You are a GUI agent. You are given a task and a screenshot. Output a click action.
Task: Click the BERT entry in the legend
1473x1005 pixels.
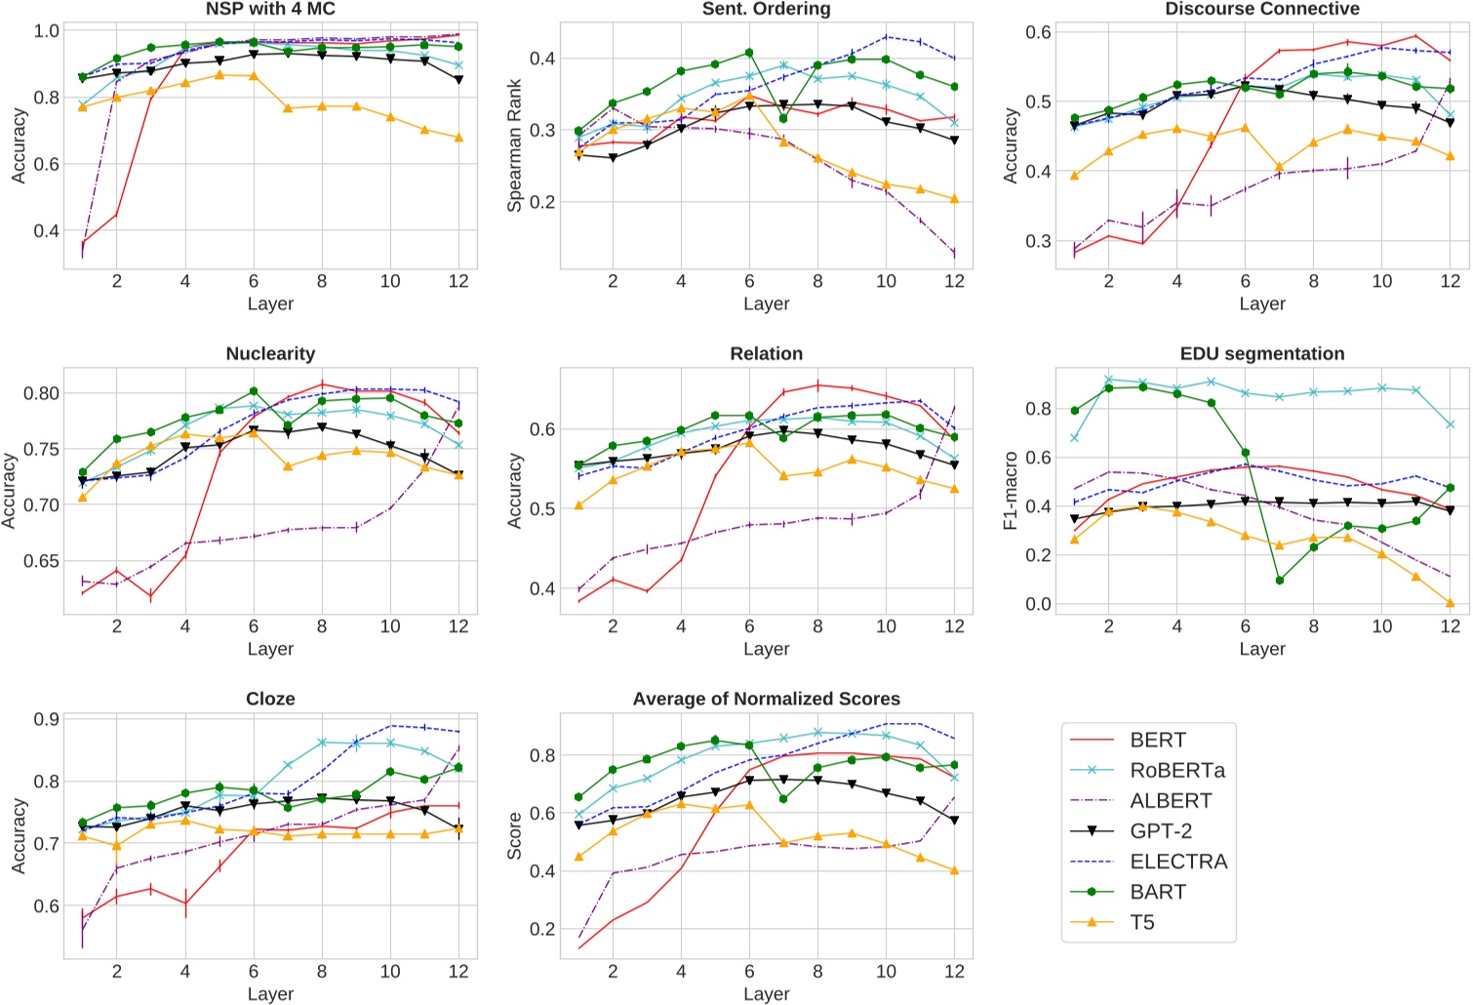[1158, 741]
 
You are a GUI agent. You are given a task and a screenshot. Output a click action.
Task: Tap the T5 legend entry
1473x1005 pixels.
[1142, 922]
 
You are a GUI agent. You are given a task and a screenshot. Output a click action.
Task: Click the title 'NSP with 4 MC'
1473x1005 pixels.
[270, 10]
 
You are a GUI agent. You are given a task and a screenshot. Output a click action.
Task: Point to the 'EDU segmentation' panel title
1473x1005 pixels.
[1262, 353]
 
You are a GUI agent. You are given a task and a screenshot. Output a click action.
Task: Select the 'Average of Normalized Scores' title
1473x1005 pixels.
[766, 699]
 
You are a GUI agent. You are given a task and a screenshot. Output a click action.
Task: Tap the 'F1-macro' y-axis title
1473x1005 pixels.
[1011, 491]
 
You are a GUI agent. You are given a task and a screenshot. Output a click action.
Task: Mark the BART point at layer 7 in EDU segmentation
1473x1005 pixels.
[1279, 581]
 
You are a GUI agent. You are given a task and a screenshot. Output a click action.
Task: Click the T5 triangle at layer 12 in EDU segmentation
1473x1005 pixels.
[1450, 603]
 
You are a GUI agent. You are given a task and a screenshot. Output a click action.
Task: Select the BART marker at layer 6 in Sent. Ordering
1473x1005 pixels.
[749, 53]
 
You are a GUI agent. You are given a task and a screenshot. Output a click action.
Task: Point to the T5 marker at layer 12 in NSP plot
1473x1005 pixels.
[458, 138]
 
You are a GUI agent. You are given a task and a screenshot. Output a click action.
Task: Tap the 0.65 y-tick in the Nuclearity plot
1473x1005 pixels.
[40, 561]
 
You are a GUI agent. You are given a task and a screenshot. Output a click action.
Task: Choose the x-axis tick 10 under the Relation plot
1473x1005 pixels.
[886, 626]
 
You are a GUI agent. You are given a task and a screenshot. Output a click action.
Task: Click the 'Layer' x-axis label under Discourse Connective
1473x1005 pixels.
[1262, 303]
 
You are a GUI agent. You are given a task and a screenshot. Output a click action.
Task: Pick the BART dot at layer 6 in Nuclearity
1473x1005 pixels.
[254, 391]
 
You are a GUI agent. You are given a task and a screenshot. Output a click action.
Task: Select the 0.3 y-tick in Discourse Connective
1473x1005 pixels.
[1038, 241]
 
